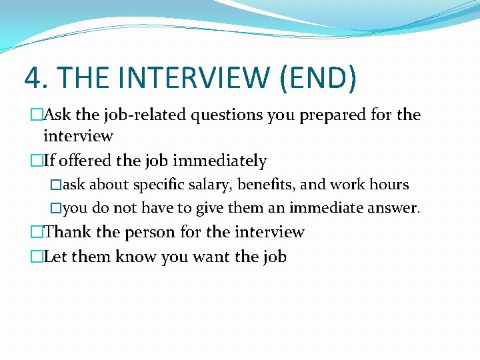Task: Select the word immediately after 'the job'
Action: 219,161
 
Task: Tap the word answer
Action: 394,208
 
